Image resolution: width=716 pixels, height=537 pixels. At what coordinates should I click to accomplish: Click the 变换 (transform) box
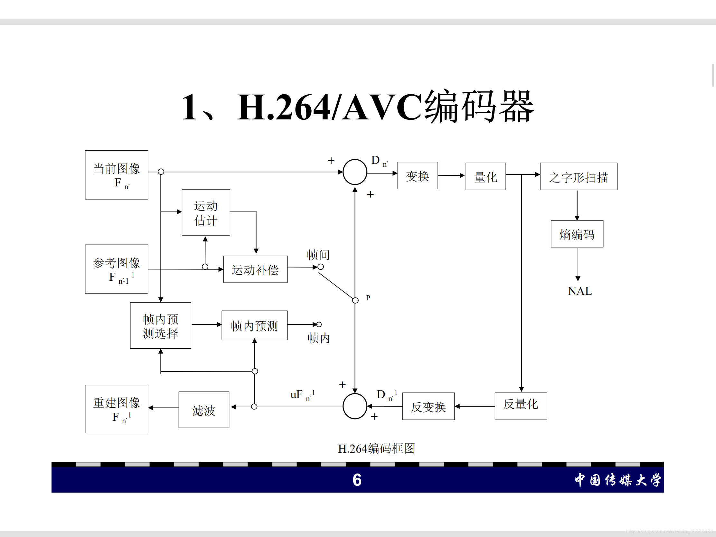pos(418,176)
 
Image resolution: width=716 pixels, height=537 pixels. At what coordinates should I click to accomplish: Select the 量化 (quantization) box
pos(485,176)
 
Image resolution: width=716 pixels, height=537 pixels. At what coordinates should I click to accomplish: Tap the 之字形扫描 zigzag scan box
pos(579,176)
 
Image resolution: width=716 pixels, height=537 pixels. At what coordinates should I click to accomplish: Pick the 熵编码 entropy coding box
pos(577,234)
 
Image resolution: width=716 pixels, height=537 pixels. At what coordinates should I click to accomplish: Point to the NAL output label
pos(580,291)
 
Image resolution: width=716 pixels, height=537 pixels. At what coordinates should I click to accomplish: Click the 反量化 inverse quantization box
pos(521,406)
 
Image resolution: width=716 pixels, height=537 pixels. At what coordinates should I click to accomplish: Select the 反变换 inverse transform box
pos(428,406)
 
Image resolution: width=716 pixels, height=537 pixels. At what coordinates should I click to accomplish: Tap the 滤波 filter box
pos(203,410)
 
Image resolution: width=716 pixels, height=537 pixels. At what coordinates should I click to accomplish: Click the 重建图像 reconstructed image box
pos(117,409)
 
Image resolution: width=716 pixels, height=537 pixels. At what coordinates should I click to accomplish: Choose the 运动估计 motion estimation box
pos(206,212)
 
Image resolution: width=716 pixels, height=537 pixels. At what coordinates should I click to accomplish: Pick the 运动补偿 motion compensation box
pos(255,269)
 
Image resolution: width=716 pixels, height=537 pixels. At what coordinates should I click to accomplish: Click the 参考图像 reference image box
pos(117,269)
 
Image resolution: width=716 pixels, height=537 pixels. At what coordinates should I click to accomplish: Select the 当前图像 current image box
pos(117,175)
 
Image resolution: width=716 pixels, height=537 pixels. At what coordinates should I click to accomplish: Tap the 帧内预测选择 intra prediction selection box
pos(161,325)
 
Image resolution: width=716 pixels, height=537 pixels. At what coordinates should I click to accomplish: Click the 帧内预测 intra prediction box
pos(254,325)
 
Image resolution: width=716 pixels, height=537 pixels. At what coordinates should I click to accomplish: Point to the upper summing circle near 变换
pos(355,172)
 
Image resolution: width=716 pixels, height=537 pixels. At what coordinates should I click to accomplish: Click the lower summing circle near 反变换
pos(355,406)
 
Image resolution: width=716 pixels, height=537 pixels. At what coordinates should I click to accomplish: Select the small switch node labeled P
pos(355,300)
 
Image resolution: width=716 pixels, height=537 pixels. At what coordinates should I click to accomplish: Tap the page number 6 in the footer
pos(357,480)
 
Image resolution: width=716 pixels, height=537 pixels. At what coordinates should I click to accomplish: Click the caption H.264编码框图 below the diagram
pos(376,448)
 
